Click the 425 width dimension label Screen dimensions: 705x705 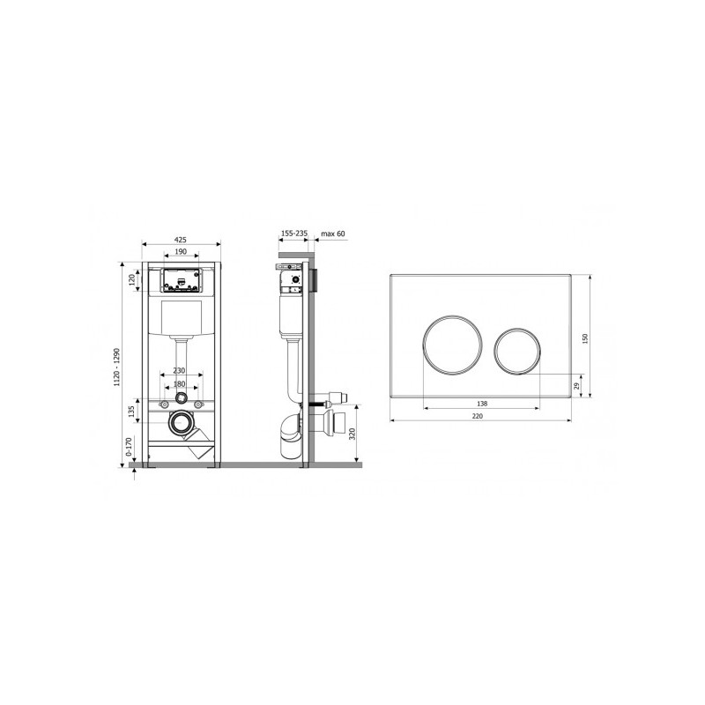(x=181, y=240)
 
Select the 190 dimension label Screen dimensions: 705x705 (x=181, y=252)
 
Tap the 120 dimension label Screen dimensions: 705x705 (x=131, y=280)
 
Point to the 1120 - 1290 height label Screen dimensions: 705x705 (x=117, y=367)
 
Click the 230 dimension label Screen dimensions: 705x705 (x=179, y=370)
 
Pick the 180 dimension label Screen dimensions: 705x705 (x=179, y=384)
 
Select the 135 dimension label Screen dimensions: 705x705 (x=131, y=411)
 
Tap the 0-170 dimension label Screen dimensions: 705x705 (x=129, y=448)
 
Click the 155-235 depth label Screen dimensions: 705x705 (x=294, y=234)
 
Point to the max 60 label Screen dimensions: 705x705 (x=333, y=234)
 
